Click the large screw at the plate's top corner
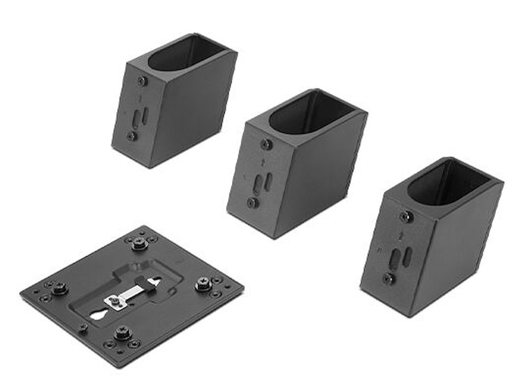[x=139, y=243]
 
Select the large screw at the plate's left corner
[x=59, y=288]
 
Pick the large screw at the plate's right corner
[x=203, y=283]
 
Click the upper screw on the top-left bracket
[x=142, y=81]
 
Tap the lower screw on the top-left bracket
[x=132, y=136]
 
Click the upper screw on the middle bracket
[x=266, y=144]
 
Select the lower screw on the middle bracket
[x=252, y=203]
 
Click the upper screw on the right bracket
[x=405, y=216]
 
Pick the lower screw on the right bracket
[x=389, y=279]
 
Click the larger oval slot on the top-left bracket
[x=136, y=118]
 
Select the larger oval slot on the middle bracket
[x=258, y=184]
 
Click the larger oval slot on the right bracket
[x=395, y=259]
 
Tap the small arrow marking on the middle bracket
[x=262, y=162]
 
